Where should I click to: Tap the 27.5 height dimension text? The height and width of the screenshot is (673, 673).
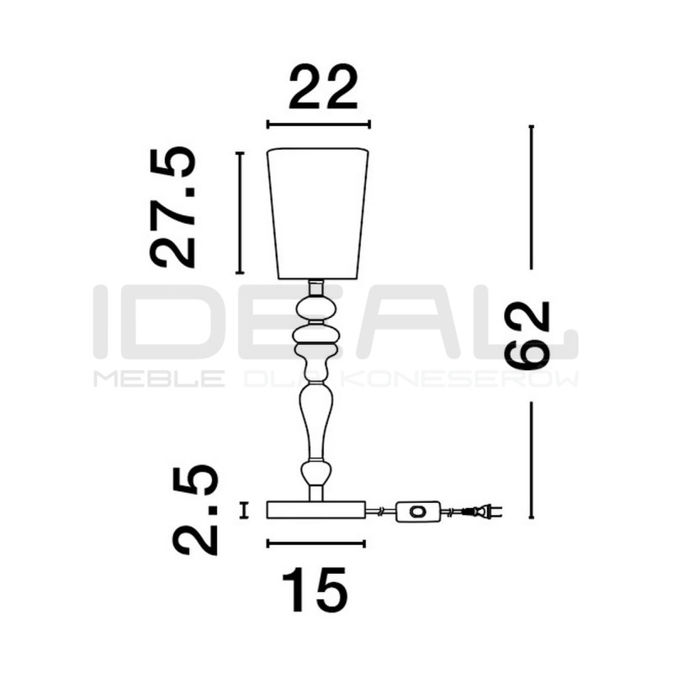tap(173, 207)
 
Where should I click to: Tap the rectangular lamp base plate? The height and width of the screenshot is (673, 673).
tap(316, 509)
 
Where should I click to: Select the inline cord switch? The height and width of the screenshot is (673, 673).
tap(418, 510)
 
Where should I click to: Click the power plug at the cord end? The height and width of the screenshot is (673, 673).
tap(484, 510)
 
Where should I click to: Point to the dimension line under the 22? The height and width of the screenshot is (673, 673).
tap(319, 125)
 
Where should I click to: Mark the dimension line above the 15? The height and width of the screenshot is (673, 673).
tap(316, 543)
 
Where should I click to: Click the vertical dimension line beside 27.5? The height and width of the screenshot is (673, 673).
tap(240, 213)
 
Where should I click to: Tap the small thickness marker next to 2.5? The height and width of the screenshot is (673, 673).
tap(244, 510)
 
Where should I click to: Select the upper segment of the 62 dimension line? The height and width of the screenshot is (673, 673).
tap(531, 197)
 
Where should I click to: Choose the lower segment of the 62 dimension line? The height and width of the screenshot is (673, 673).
tap(531, 459)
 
